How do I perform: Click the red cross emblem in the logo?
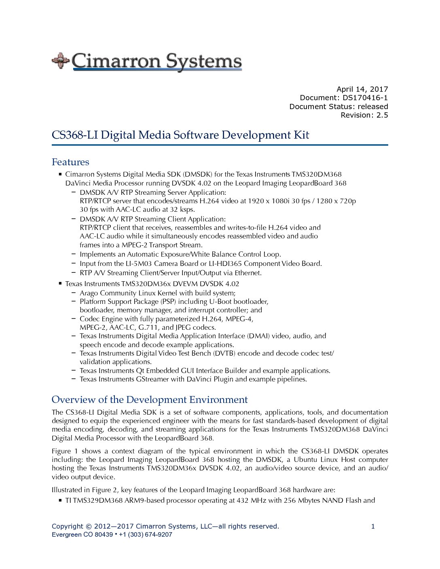click(x=60, y=61)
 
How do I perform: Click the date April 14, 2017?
click(x=362, y=89)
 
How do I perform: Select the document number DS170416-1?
click(x=365, y=98)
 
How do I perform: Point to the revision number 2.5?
click(x=382, y=115)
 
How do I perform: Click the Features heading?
click(x=70, y=162)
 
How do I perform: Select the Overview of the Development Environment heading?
click(x=150, y=400)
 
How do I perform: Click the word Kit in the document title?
click(x=301, y=135)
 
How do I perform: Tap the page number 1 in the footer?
click(x=373, y=526)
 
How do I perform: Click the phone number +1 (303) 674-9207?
click(x=146, y=535)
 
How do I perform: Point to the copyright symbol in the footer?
click(x=89, y=526)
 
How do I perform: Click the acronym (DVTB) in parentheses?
click(x=224, y=353)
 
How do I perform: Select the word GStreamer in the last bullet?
click(x=152, y=379)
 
